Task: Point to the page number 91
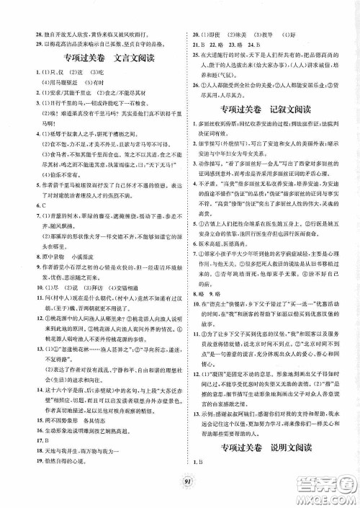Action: (179, 493)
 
